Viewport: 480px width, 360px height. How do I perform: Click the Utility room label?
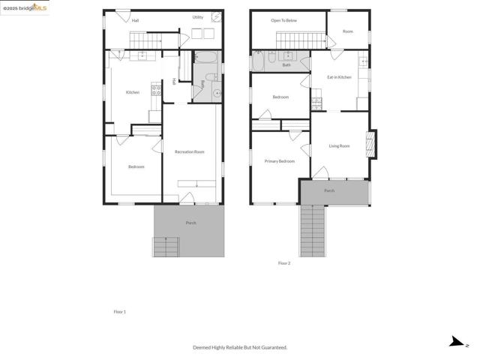click(x=197, y=17)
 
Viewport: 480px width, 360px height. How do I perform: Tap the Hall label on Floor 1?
click(x=135, y=20)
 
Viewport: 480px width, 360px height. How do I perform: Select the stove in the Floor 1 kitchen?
click(x=156, y=90)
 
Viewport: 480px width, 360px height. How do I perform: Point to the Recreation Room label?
click(x=189, y=152)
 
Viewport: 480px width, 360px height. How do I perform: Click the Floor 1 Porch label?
click(x=190, y=223)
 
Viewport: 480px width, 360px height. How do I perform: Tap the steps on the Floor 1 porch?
click(x=165, y=247)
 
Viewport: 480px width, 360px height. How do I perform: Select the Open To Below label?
click(x=283, y=20)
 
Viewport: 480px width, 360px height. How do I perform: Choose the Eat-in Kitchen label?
click(x=339, y=77)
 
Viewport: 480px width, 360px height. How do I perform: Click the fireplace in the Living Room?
click(x=370, y=144)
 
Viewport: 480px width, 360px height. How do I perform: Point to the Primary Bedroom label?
click(x=279, y=161)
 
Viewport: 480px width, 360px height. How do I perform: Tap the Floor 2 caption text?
click(x=283, y=263)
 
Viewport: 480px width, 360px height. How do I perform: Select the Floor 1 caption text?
click(x=119, y=311)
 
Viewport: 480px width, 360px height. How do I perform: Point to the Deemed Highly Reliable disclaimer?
click(x=240, y=347)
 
